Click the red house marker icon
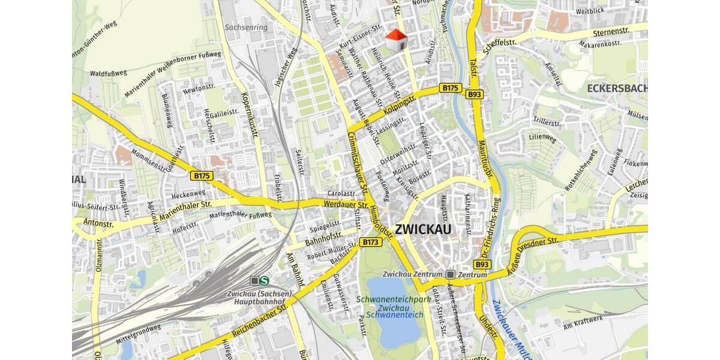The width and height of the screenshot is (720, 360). click(395, 40)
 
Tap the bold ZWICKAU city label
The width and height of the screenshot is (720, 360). click(424, 229)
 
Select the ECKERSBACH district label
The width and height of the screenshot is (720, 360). click(617, 89)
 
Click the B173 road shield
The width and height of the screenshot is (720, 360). click(370, 242)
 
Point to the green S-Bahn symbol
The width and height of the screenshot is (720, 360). click(265, 280)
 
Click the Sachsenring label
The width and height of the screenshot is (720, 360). click(245, 27)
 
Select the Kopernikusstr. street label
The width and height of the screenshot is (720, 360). click(250, 116)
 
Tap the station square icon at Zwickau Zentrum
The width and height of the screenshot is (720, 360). click(451, 274)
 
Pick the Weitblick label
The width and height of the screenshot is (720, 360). click(589, 11)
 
